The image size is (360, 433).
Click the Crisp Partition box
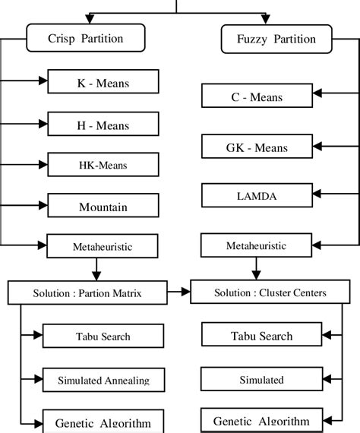(x=85, y=39)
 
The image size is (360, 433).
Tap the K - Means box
(x=103, y=81)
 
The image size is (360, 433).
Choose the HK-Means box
(x=103, y=164)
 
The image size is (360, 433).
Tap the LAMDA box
(x=257, y=195)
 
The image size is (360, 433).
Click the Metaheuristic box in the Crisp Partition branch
(x=103, y=245)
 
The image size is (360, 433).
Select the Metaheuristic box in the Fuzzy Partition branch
(x=257, y=245)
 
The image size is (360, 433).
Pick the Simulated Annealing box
(x=103, y=379)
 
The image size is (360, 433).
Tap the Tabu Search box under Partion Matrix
(x=103, y=336)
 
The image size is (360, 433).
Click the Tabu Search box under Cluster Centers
(x=262, y=335)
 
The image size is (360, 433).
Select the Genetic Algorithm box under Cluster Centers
(x=262, y=420)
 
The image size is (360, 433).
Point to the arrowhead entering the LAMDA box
(x=317, y=195)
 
